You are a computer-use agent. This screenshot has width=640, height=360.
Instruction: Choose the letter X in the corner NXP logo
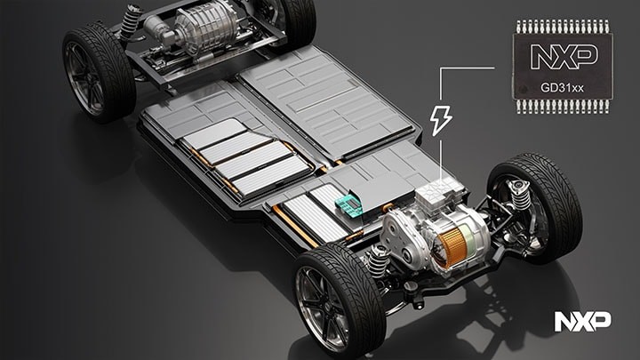pos(583,321)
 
